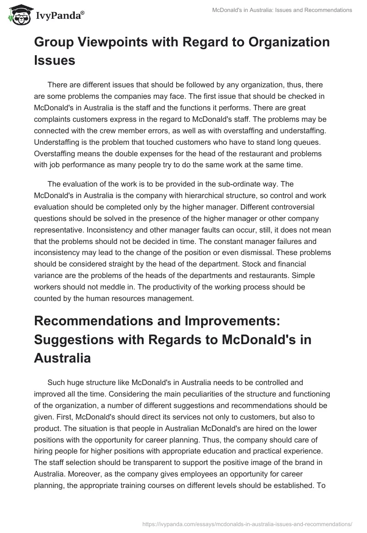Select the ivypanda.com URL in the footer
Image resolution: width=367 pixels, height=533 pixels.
(x=248, y=523)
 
